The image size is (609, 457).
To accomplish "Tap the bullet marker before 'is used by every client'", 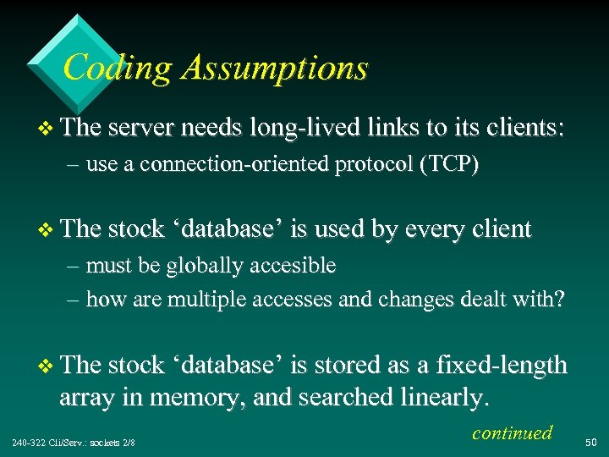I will coord(47,229).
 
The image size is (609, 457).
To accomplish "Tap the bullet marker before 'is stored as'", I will coord(47,366).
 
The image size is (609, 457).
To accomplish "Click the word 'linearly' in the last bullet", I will coord(438,396).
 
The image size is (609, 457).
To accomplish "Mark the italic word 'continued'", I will coord(512,432).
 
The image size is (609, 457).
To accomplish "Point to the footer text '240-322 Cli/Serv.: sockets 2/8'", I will coord(74,443).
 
